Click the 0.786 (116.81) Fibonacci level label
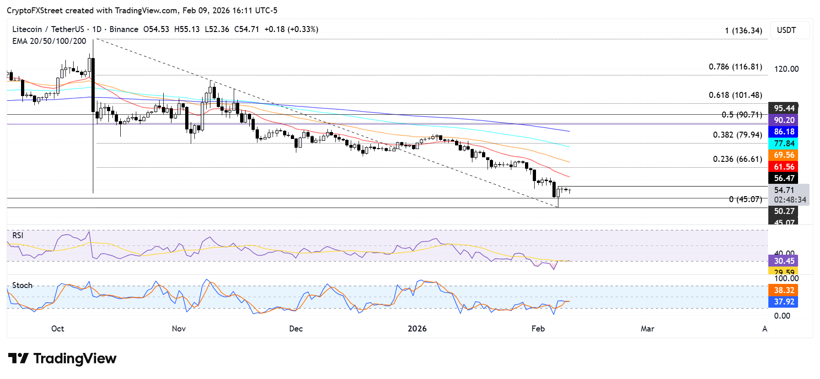click(735, 67)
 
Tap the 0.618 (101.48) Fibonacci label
click(735, 95)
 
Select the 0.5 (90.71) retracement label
click(742, 115)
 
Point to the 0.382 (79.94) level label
click(737, 135)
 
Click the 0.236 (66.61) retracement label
click(737, 159)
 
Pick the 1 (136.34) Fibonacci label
click(743, 31)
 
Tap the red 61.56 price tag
click(784, 167)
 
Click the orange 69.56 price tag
click(784, 155)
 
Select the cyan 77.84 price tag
click(784, 144)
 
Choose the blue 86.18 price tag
click(784, 132)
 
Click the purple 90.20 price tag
click(784, 120)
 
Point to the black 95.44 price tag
click(784, 108)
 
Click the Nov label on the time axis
click(179, 329)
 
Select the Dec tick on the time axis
click(296, 329)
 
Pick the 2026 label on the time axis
click(417, 329)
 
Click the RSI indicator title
click(18, 235)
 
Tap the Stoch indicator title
click(22, 285)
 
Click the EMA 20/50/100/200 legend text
click(49, 41)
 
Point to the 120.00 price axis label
click(786, 69)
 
